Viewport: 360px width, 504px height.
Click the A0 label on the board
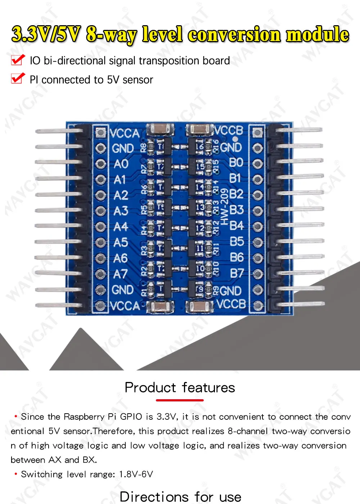[121, 164]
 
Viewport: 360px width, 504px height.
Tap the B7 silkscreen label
[237, 273]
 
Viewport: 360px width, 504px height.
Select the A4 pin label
[121, 227]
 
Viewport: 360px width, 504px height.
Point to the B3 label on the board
[237, 210]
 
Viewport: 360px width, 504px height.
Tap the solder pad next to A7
[101, 274]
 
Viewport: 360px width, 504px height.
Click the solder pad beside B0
[257, 163]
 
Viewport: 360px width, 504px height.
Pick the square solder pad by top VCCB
[257, 132]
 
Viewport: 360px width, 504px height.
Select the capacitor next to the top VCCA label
[161, 128]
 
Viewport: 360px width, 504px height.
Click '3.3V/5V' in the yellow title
[46, 35]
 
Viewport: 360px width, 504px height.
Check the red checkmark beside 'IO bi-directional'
[18, 60]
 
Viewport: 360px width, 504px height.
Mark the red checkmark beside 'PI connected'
[18, 78]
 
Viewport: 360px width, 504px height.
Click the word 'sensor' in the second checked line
[138, 80]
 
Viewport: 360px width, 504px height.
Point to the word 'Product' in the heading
[150, 388]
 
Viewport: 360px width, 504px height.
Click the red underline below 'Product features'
[180, 400]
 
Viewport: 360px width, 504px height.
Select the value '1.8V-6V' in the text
[136, 474]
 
